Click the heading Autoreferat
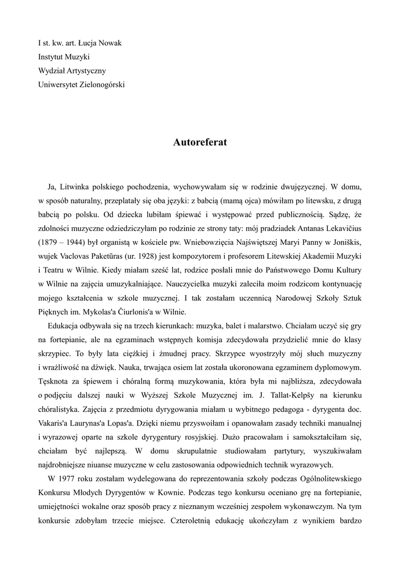click(x=199, y=142)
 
